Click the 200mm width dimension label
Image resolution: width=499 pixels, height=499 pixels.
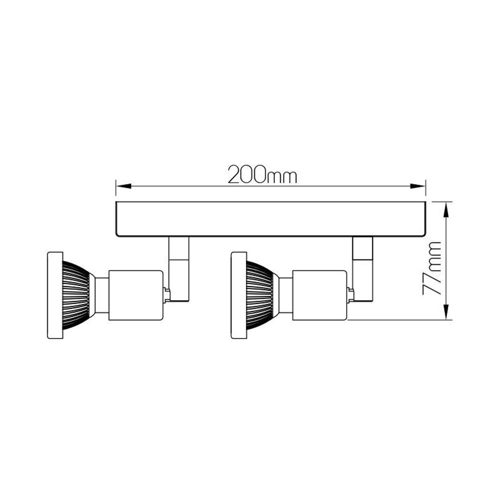pyautogui.click(x=262, y=175)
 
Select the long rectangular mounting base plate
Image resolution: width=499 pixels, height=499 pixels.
pyautogui.click(x=270, y=219)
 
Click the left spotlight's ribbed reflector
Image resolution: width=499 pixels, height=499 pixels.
pyautogui.click(x=76, y=295)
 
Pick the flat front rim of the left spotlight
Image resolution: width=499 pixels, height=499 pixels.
pyautogui.click(x=55, y=295)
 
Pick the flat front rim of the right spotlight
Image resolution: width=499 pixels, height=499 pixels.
pyautogui.click(x=239, y=295)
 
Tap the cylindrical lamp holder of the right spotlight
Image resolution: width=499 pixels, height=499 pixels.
pyautogui.click(x=319, y=295)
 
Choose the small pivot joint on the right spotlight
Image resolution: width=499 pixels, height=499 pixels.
pyautogui.click(x=351, y=294)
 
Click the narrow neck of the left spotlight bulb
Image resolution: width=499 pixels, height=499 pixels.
pyautogui.click(x=101, y=295)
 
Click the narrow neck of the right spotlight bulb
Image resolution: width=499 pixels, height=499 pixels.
pyautogui.click(x=285, y=295)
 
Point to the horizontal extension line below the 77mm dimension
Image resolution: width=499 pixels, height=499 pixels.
pyautogui.click(x=399, y=320)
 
